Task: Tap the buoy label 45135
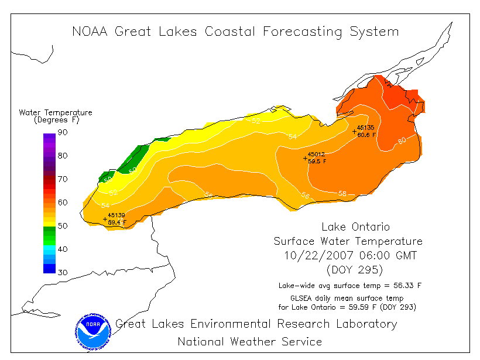point(366,128)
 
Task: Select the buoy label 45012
point(317,155)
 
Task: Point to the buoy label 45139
point(116,215)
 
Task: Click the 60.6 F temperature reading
point(367,135)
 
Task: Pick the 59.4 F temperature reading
point(117,222)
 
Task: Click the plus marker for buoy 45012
point(305,158)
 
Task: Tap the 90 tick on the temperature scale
point(62,132)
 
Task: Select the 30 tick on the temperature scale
point(62,273)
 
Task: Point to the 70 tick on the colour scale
point(62,179)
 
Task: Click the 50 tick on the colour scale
point(62,226)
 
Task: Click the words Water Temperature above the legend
point(56,112)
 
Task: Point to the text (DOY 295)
point(355,269)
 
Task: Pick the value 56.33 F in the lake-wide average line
point(406,286)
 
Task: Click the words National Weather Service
point(249,341)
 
